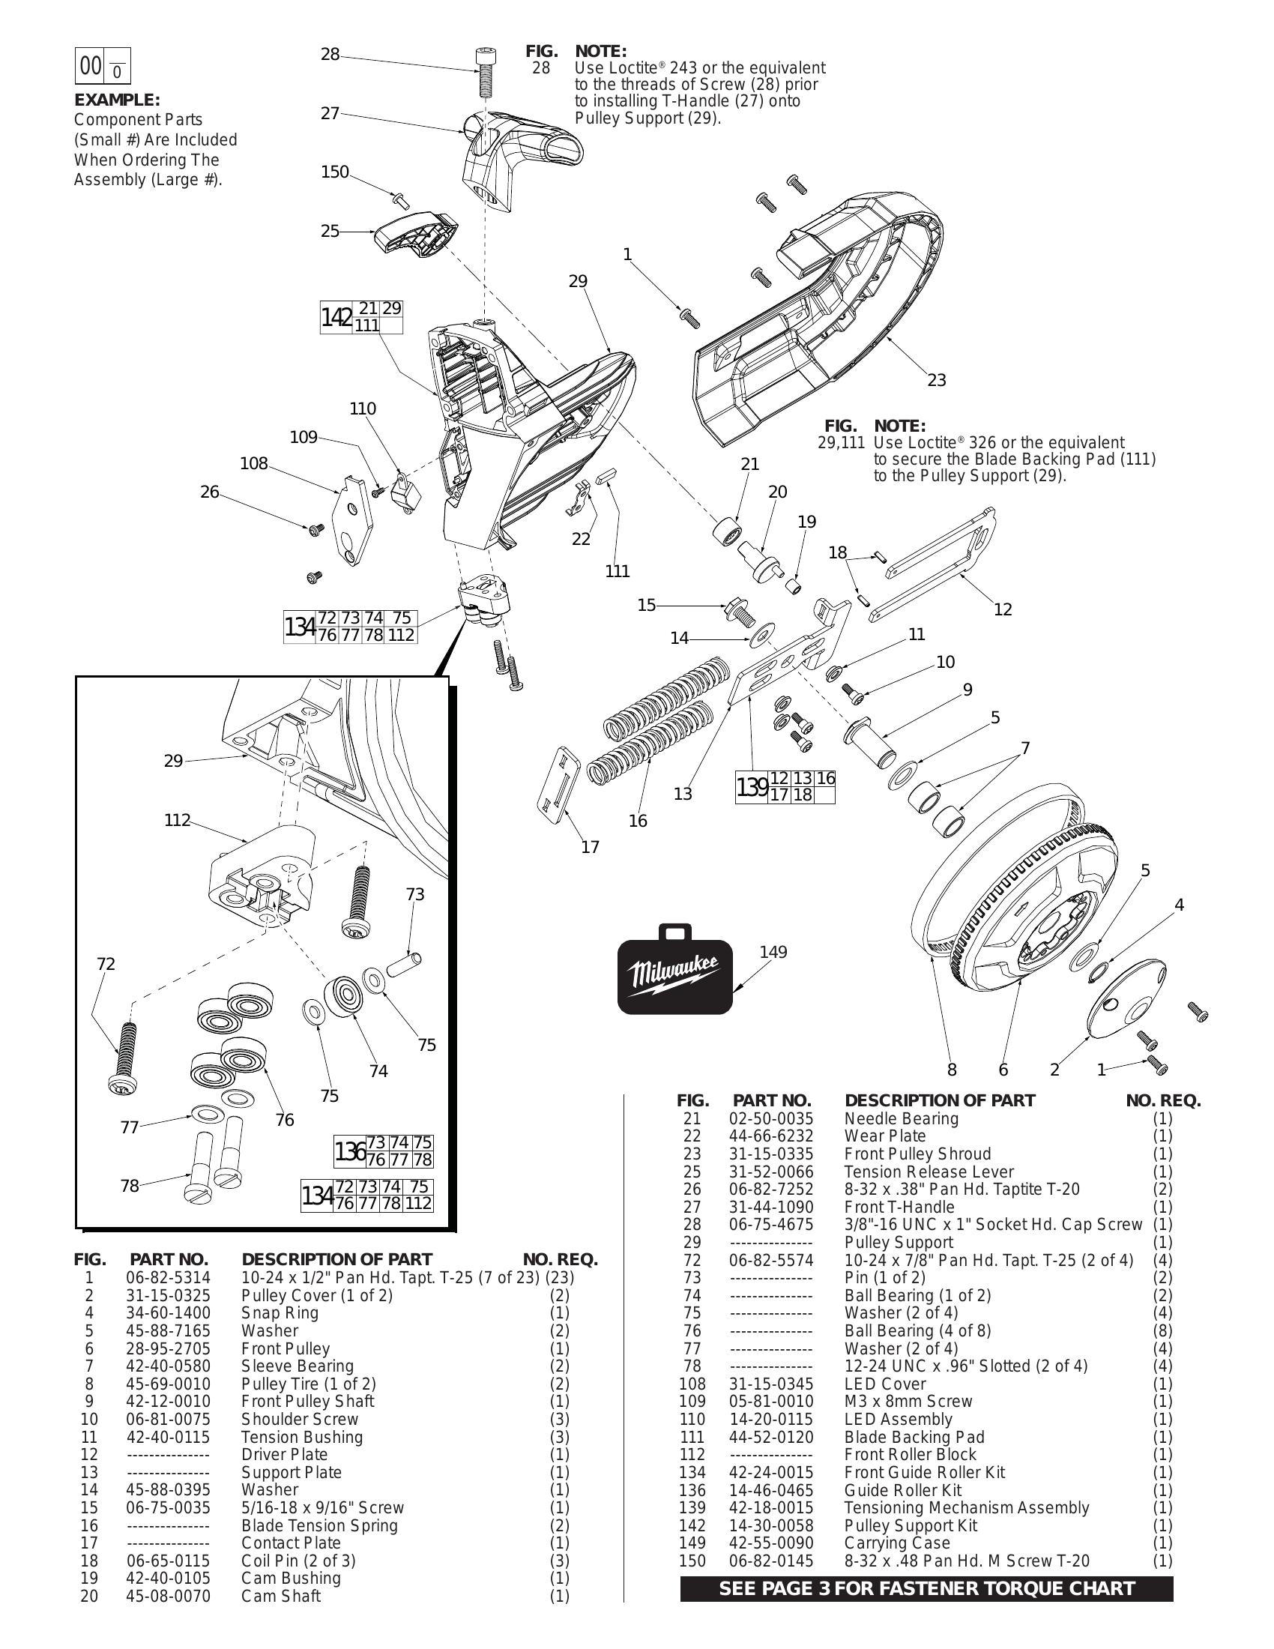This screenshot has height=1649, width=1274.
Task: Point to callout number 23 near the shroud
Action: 936,381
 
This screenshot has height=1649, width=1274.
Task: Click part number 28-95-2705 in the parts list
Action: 169,1349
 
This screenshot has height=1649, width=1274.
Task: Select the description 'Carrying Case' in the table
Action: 896,1543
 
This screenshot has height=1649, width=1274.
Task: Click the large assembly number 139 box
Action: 752,788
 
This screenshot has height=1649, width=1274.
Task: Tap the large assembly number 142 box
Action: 336,318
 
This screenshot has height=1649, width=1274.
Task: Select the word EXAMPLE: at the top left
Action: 117,100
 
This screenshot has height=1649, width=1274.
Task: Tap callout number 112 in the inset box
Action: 178,821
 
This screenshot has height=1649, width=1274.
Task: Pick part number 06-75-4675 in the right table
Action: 770,1225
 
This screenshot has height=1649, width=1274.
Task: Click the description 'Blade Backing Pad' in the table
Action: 914,1438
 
